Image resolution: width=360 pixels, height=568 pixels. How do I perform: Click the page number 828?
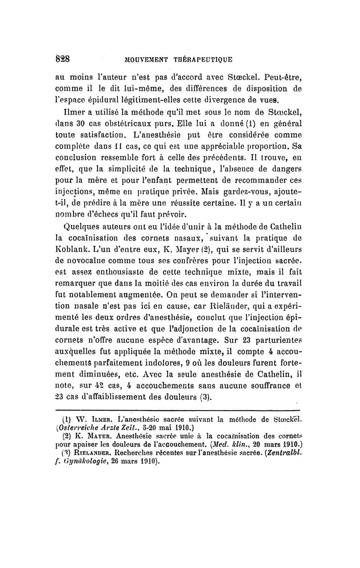click(x=67, y=59)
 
